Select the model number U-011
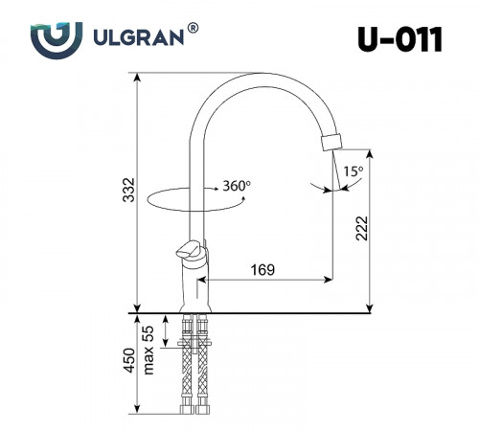(402, 39)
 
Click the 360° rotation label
(236, 184)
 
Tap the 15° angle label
(354, 171)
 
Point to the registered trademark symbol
(194, 30)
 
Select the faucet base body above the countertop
(194, 287)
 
